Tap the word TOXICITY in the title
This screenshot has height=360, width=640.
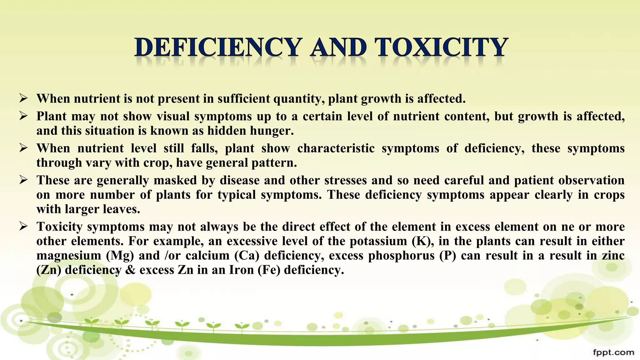point(441,47)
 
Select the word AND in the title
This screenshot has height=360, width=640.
point(338,47)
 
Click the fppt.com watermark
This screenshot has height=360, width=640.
point(613,352)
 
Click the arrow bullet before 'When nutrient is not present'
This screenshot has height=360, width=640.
point(23,99)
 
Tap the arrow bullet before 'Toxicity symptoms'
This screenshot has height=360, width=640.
point(23,226)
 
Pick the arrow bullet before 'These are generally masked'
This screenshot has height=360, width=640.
point(23,180)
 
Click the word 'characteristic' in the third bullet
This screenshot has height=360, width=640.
point(336,148)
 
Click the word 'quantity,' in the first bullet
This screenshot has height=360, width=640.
point(299,99)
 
